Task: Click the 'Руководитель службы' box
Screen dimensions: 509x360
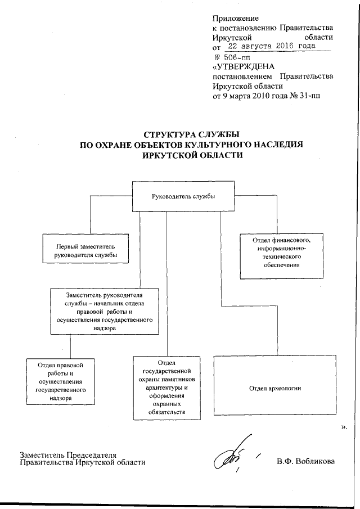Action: point(183,196)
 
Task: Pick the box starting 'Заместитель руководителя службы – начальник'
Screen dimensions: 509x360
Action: point(102,311)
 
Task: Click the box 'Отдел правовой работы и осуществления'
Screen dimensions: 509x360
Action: point(59,381)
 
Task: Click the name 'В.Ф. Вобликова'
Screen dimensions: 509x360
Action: point(305,462)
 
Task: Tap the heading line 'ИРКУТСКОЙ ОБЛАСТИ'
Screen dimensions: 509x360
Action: point(191,155)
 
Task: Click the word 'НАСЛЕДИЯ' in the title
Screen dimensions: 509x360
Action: point(278,145)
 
